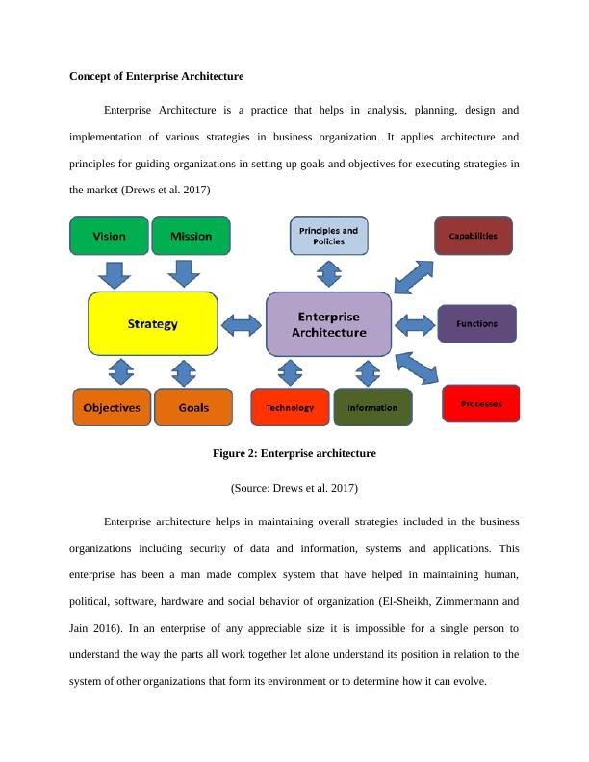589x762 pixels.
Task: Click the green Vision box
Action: pyautogui.click(x=109, y=236)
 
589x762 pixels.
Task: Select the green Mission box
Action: pyautogui.click(x=191, y=236)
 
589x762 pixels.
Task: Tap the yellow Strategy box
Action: pyautogui.click(x=153, y=324)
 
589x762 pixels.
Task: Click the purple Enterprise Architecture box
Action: pyautogui.click(x=328, y=324)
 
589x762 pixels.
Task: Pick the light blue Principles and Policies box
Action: pyautogui.click(x=328, y=236)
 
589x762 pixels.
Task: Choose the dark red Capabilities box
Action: pyautogui.click(x=473, y=236)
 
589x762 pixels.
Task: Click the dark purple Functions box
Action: pyautogui.click(x=477, y=323)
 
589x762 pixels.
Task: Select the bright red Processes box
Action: pyautogui.click(x=481, y=403)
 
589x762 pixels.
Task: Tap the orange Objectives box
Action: pyautogui.click(x=112, y=407)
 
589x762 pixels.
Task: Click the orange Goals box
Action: pyautogui.click(x=193, y=407)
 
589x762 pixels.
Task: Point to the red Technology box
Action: pyautogui.click(x=290, y=407)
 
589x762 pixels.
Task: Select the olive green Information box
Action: pyautogui.click(x=372, y=407)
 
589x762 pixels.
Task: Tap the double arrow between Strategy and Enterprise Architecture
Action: pyautogui.click(x=242, y=324)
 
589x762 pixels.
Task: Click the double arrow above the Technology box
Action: pyautogui.click(x=290, y=372)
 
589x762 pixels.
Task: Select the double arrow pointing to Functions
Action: pyautogui.click(x=415, y=324)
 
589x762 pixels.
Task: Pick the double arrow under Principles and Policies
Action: pyautogui.click(x=328, y=274)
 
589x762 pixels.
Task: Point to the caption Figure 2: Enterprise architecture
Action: pyautogui.click(x=294, y=452)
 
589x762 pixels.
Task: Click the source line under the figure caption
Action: pyautogui.click(x=294, y=488)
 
